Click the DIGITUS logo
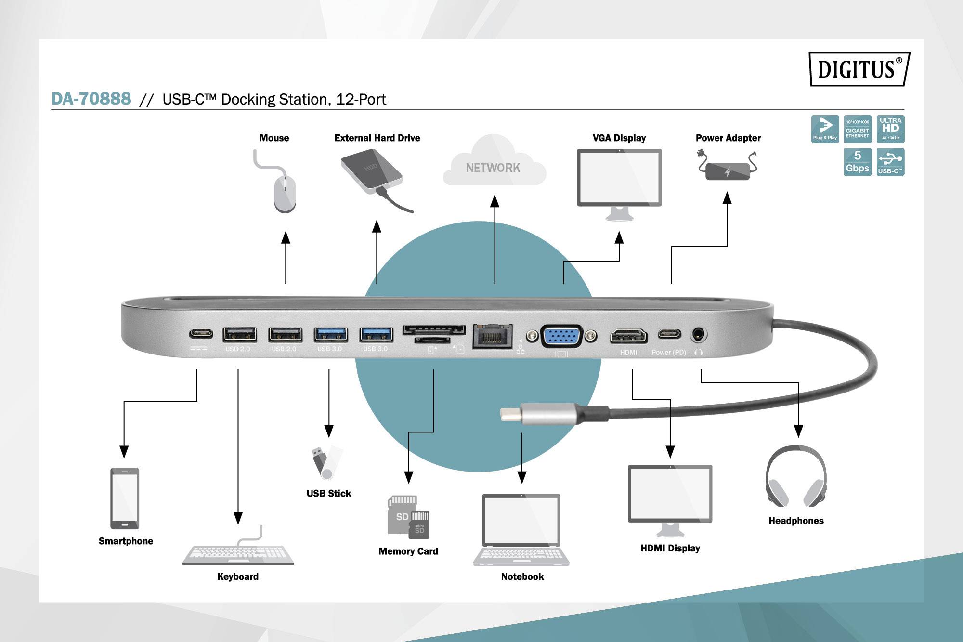859,69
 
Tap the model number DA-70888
91,99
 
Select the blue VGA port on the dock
561,336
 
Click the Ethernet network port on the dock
492,335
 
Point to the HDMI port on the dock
628,335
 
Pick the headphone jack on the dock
699,334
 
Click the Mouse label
274,138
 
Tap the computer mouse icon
285,193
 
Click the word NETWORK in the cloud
493,168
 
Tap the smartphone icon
125,498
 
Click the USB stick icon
325,463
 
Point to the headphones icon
796,477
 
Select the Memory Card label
408,551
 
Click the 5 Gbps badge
858,162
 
